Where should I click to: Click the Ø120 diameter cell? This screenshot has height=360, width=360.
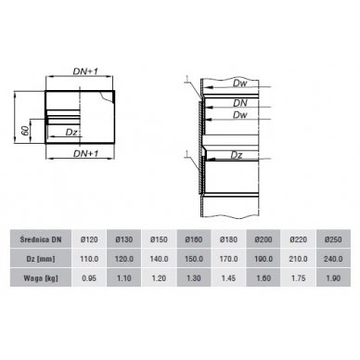tap(89, 239)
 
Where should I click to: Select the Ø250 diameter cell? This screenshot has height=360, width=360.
tap(333, 239)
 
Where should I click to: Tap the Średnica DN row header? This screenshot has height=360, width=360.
tap(41, 239)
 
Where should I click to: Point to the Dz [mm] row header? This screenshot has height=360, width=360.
tap(41, 259)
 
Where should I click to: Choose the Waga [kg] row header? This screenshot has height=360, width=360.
tap(41, 278)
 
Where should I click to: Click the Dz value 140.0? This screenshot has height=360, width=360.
tap(159, 259)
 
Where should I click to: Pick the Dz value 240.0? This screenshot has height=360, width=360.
tap(333, 259)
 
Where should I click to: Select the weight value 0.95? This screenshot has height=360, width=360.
tap(89, 278)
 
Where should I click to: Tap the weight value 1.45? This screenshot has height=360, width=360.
tap(228, 278)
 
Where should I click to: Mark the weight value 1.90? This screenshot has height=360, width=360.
tap(333, 278)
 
